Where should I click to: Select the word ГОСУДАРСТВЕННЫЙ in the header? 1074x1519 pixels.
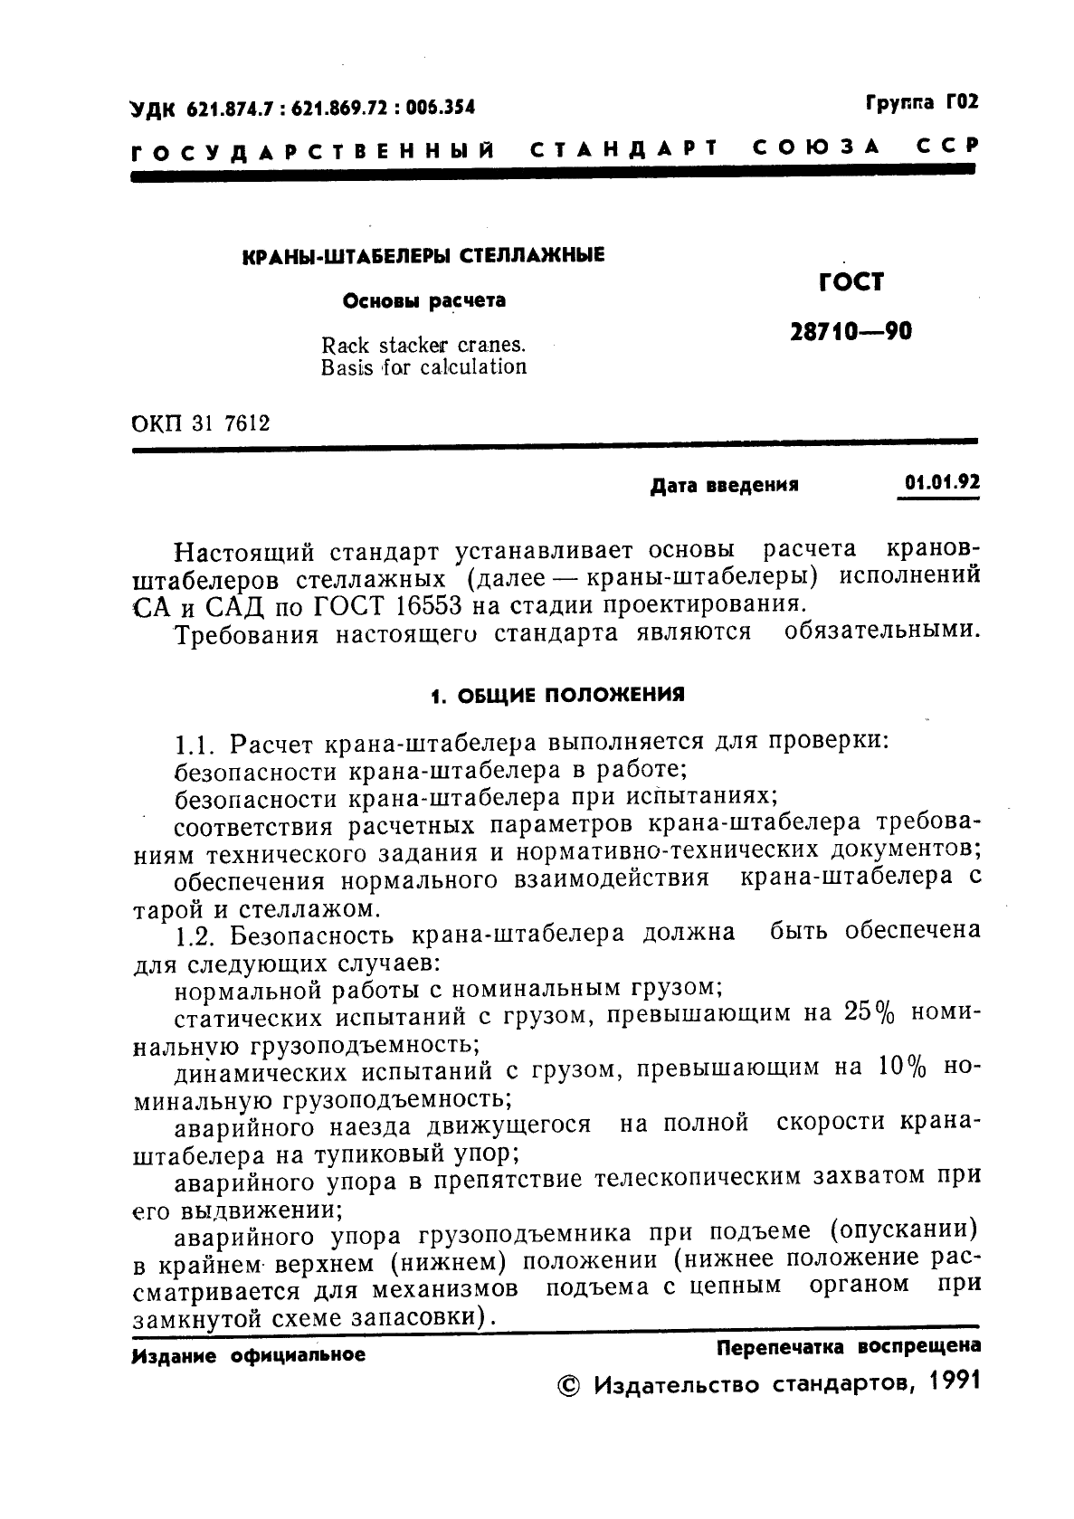tap(312, 148)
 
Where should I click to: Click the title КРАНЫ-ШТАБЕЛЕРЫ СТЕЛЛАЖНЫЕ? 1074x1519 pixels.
tap(424, 256)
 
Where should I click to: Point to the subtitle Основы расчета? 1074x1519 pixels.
tap(423, 300)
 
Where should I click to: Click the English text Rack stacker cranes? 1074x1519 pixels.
tap(423, 345)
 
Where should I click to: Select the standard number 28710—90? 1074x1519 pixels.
tap(851, 332)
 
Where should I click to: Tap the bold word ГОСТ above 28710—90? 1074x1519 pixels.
tap(851, 283)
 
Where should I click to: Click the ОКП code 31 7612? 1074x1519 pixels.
tap(230, 422)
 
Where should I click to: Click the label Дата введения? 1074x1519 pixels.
tap(724, 485)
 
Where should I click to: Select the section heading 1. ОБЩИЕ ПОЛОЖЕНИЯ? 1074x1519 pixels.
tap(556, 695)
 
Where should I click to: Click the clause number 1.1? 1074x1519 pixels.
tap(193, 745)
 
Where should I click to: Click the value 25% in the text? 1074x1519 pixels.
tap(869, 1012)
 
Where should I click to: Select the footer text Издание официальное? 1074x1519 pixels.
tap(249, 1356)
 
